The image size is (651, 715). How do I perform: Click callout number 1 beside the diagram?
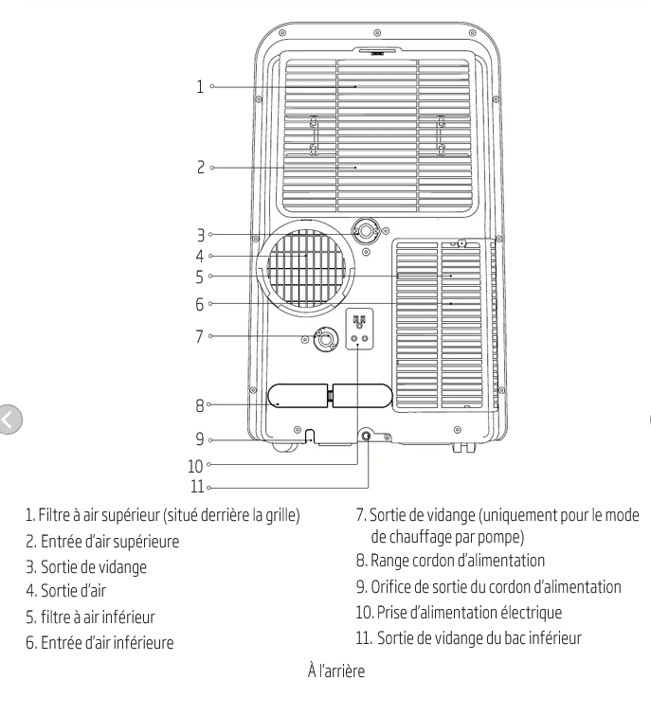(200, 86)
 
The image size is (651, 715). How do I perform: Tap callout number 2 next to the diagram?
(201, 168)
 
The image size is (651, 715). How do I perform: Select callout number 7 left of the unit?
(199, 336)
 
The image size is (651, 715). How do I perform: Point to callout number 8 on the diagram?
(199, 405)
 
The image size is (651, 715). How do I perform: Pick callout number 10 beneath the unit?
(195, 466)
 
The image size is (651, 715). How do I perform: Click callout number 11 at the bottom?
(196, 487)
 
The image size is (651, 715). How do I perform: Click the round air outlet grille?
(306, 268)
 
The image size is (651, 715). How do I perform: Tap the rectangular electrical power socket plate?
(359, 329)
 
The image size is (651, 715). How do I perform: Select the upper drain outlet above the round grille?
(366, 231)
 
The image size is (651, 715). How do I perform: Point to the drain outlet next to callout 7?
(326, 339)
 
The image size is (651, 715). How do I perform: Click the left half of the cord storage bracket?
(298, 396)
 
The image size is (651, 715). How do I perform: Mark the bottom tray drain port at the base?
(366, 436)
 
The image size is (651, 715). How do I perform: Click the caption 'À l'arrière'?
(336, 670)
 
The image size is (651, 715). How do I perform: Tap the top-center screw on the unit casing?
(377, 33)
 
